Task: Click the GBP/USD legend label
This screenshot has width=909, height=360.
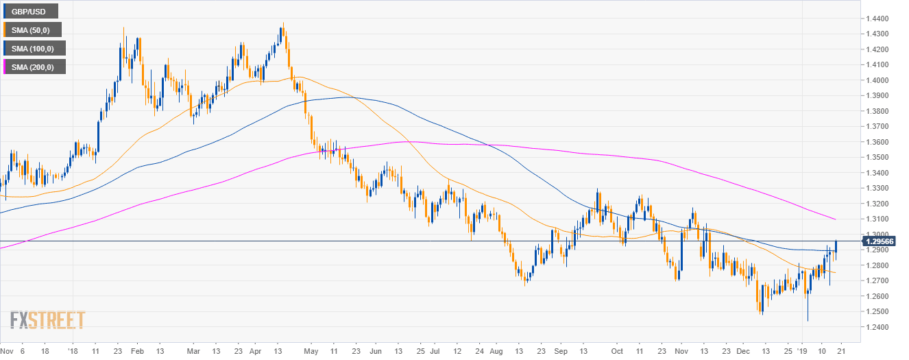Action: (x=30, y=11)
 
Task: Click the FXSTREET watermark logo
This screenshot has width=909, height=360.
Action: (x=47, y=320)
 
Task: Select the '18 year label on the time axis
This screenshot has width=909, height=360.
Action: (x=73, y=349)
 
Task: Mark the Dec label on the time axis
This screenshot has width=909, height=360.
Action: (x=745, y=349)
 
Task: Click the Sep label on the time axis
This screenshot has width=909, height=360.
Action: (x=560, y=349)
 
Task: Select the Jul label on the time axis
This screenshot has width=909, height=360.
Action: (x=436, y=349)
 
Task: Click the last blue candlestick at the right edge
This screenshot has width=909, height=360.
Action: (x=836, y=247)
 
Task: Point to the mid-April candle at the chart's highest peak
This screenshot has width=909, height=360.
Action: (x=282, y=30)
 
